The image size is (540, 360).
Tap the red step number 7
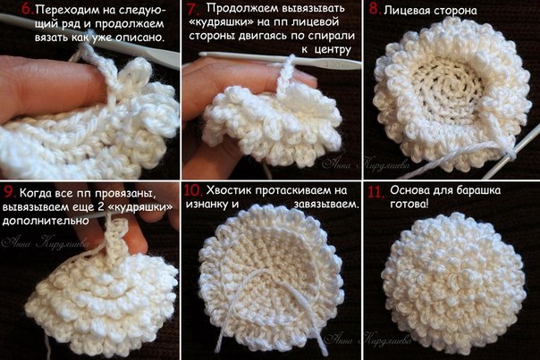tap(193, 9)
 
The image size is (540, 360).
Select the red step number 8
tap(375, 9)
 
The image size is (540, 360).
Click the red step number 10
tap(194, 190)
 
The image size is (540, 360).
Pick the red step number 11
tap(376, 192)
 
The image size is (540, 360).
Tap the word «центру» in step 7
tap(332, 50)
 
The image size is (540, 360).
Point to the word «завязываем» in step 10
tap(325, 204)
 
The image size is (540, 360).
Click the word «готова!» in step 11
tap(409, 205)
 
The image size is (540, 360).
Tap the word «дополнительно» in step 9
tap(46, 221)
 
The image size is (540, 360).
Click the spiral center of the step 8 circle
tap(449, 84)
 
